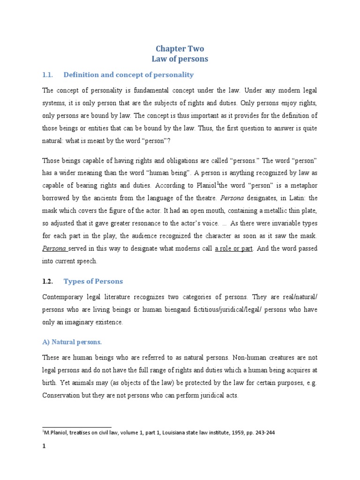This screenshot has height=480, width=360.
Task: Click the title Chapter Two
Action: (180, 49)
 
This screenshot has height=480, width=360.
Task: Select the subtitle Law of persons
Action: (180, 60)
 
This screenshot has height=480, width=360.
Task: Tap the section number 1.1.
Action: (48, 75)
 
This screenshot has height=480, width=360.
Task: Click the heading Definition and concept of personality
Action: (128, 75)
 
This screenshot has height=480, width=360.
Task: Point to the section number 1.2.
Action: (48, 282)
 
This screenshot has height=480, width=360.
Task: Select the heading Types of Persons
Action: (93, 282)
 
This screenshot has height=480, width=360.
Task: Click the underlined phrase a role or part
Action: (234, 248)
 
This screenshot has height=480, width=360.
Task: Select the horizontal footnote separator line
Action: (77, 427)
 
